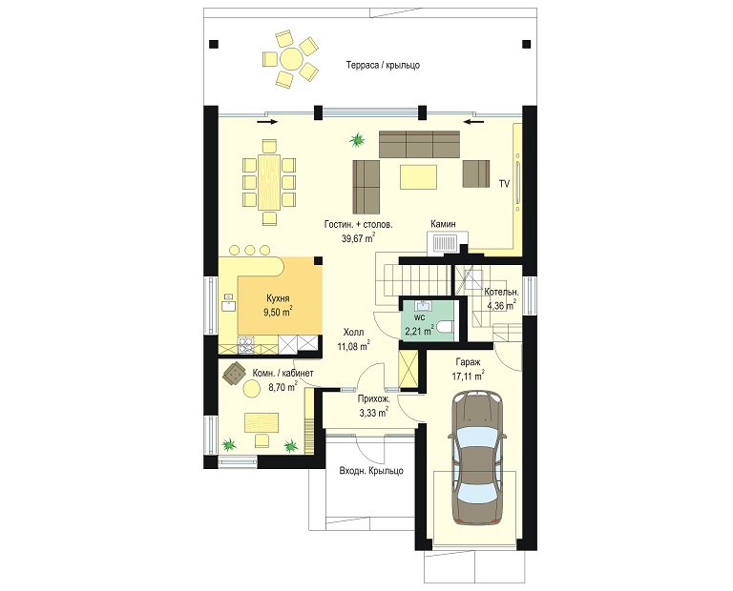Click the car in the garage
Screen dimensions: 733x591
pos(477,459)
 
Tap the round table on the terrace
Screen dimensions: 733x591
pos(291,59)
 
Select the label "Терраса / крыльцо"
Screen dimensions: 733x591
pos(383,65)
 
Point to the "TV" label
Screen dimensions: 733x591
pos(504,184)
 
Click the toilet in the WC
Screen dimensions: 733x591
pos(446,327)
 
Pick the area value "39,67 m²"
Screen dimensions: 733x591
pos(359,238)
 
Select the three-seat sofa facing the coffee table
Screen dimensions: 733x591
pos(419,144)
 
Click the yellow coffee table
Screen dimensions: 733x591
pos(418,177)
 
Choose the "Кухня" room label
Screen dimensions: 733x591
pos(278,298)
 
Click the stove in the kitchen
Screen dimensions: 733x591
pos(246,345)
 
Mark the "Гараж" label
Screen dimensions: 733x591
pos(466,362)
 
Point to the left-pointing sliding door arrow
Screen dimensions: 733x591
pos(474,122)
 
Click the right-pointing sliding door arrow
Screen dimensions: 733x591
pos(267,122)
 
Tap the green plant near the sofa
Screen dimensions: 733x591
pos(358,139)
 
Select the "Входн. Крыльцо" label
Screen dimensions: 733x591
pos(371,471)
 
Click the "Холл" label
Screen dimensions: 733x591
pos(353,333)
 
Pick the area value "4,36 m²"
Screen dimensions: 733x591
pos(502,306)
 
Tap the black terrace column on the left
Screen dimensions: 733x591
pos(214,45)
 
